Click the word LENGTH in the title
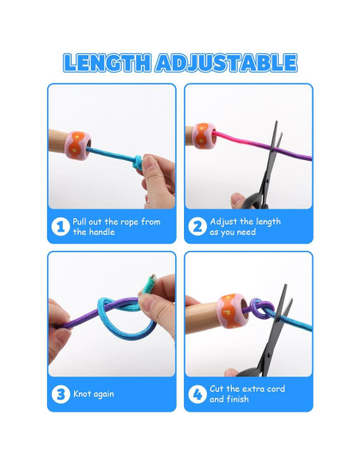(108, 63)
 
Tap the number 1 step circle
(61, 227)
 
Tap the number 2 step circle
(198, 227)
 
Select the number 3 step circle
(61, 394)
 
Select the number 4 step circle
(198, 394)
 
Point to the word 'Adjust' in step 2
(224, 221)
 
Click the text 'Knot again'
(93, 394)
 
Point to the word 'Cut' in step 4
(217, 389)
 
